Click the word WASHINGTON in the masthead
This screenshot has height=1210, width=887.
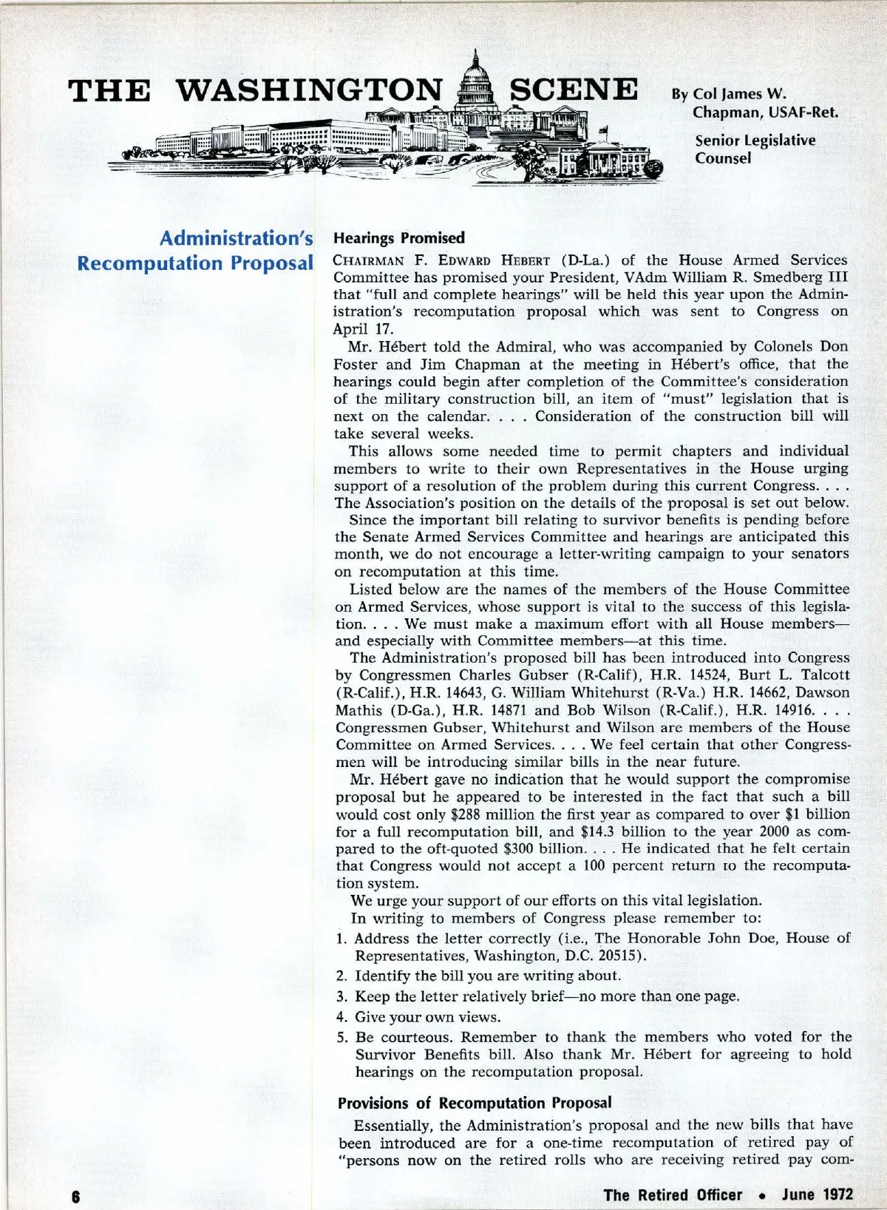[310, 90]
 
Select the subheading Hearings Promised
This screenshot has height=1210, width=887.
[399, 238]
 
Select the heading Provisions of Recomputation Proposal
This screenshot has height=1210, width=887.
[475, 1103]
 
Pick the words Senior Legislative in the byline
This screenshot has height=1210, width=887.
[755, 141]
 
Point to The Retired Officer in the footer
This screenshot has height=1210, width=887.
[673, 1194]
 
